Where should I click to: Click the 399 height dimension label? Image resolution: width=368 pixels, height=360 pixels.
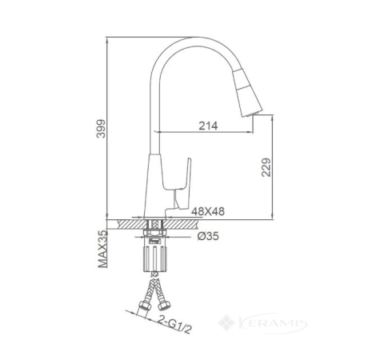tap(101, 129)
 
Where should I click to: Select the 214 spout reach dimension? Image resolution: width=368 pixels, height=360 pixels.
tap(208, 126)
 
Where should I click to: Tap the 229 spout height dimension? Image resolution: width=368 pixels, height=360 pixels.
tap(266, 167)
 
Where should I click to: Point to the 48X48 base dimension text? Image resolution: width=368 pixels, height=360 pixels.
tap(208, 211)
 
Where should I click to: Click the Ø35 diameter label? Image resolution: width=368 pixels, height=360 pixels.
tap(208, 236)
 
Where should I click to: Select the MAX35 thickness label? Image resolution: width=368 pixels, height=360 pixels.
tap(102, 249)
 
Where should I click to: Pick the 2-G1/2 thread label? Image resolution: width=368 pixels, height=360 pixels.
tap(174, 324)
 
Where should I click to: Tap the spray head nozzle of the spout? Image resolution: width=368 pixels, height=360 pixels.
tap(248, 94)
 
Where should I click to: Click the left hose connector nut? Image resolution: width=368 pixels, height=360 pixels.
tap(144, 306)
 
